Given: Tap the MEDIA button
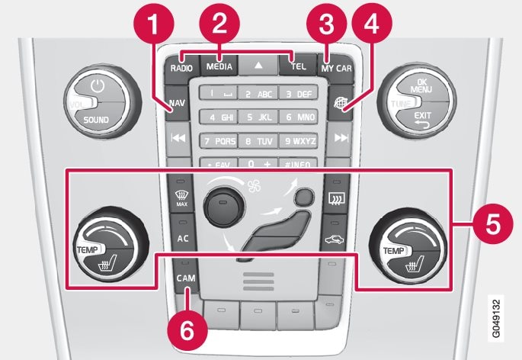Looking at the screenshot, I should coord(219,66).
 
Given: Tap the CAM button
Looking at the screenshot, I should coord(184,278).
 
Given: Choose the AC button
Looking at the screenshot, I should coord(183,238).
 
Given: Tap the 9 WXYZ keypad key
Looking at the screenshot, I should coord(299,140).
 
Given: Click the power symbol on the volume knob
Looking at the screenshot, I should coord(96,86).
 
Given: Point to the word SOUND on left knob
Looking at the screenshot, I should coord(97,120).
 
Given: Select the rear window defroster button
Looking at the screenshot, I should coord(335,201).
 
